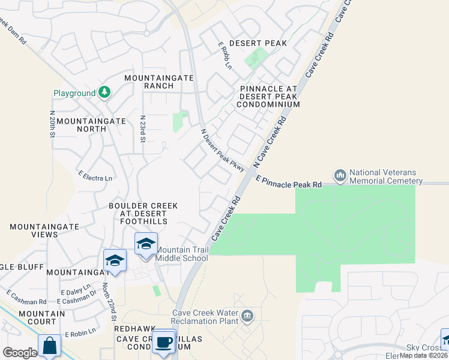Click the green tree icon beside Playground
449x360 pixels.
click(x=105, y=92)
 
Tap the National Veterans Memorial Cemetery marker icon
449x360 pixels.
click(x=341, y=175)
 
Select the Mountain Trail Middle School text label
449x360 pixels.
click(x=182, y=254)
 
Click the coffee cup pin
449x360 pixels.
click(x=164, y=342)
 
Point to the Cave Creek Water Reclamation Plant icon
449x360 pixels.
click(x=247, y=316)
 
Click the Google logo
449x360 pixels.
click(x=20, y=353)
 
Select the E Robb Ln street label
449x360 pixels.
click(x=224, y=55)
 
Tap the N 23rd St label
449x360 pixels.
click(x=143, y=129)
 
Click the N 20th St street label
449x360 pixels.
click(x=52, y=124)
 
